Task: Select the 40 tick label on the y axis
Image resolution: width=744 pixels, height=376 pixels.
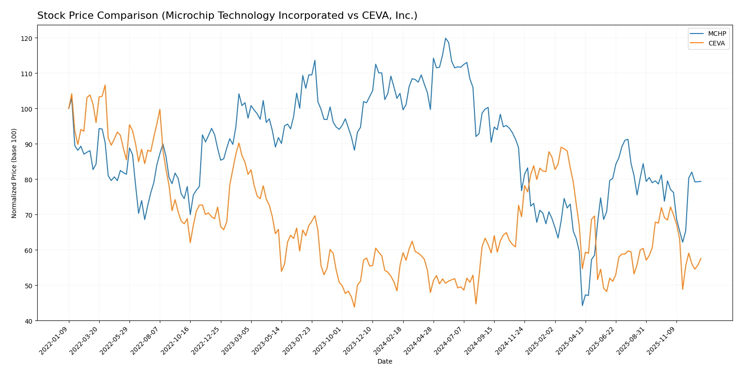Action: [30, 321]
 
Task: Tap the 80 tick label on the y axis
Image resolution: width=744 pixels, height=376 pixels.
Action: [30, 180]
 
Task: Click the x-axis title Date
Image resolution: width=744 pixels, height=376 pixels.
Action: [384, 362]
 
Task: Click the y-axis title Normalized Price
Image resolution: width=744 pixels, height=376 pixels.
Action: [14, 173]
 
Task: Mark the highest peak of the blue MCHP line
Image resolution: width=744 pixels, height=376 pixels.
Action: [445, 38]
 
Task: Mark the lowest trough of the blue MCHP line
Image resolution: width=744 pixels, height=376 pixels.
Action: [582, 306]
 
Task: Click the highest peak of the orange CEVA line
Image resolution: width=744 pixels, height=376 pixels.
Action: [105, 85]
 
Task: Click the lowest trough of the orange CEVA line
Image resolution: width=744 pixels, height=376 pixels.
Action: [354, 307]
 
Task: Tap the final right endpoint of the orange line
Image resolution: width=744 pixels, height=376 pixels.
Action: [701, 258]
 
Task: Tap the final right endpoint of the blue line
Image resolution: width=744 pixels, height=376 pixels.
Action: [701, 181]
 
